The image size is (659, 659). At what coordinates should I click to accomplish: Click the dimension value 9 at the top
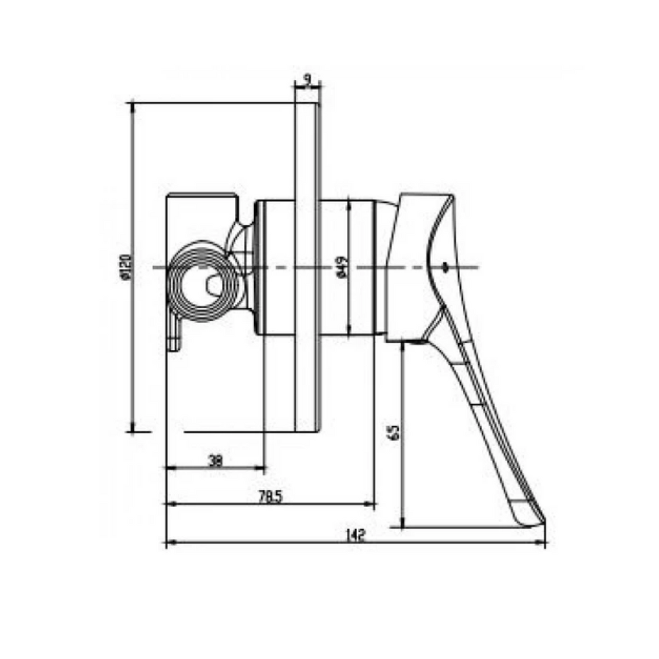(308, 79)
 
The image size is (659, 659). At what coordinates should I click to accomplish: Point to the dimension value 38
(216, 460)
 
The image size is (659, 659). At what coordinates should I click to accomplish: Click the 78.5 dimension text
(270, 496)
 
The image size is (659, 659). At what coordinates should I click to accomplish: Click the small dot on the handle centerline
(445, 266)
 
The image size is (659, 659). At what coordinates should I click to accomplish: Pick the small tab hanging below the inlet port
(174, 335)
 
